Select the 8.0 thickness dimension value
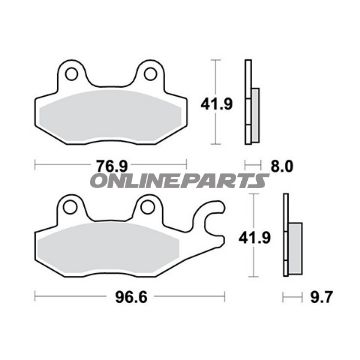point(282,166)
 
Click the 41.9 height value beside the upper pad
point(216,104)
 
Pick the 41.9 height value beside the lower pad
point(254,238)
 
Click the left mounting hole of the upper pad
point(71,74)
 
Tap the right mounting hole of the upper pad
point(150,74)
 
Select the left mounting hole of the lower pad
point(70,207)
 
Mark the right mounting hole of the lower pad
point(147,207)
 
